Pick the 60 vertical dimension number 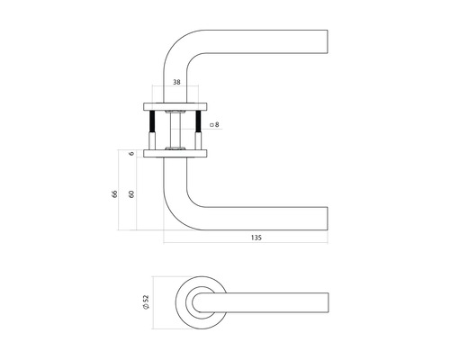tap(133, 193)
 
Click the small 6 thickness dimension tap(133, 155)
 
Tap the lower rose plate tap(177, 155)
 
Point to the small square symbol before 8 tap(210, 125)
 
